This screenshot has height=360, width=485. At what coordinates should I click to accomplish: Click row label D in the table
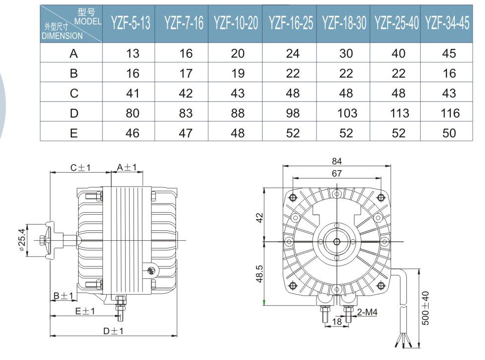pos(74,113)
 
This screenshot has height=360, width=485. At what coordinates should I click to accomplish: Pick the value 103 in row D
pos(346,113)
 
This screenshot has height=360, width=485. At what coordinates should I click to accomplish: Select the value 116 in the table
pos(449,113)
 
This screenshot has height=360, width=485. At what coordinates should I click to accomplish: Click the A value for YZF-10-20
pos(238,53)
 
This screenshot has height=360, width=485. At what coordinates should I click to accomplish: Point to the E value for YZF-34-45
pos(449,133)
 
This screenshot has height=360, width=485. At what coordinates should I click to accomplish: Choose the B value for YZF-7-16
pos(185,74)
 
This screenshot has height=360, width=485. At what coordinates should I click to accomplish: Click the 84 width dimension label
pos(337,161)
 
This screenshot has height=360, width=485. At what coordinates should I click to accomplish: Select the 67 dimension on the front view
pos(337,173)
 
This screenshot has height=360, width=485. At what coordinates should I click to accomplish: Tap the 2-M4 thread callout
pos(367,312)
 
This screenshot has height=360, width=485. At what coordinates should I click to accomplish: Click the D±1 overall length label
pos(113,331)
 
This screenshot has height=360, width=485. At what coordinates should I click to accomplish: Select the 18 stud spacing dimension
pos(337,322)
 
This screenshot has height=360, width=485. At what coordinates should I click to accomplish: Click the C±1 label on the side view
pos(80,168)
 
